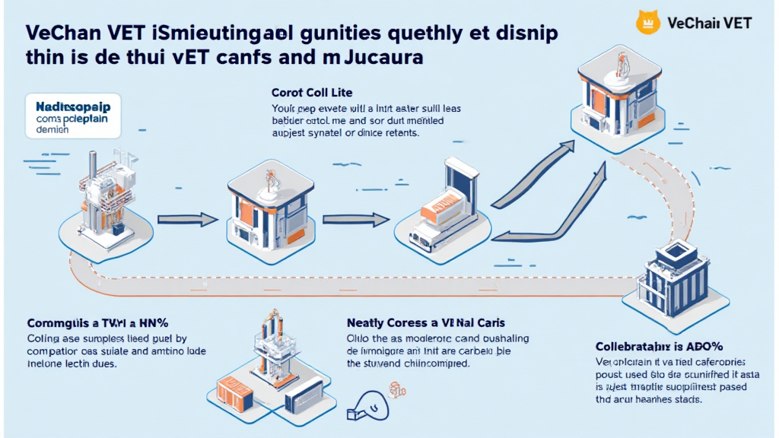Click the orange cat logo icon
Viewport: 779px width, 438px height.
647,22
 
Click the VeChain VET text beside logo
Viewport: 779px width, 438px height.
708,23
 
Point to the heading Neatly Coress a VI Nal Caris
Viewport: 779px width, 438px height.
425,322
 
